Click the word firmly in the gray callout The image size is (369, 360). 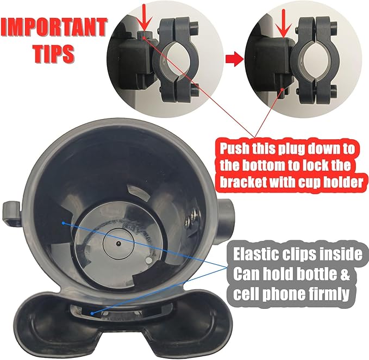(323, 294)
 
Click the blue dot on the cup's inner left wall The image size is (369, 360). (64, 223)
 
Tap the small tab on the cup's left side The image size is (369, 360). (11, 212)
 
